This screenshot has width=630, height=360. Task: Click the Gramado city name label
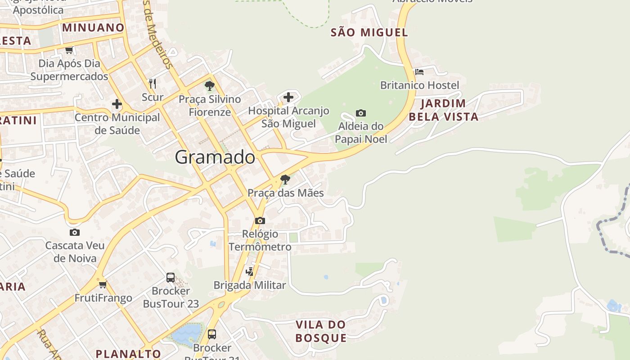(215, 157)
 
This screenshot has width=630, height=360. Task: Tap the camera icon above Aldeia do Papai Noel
(360, 113)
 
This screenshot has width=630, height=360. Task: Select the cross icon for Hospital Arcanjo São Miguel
(288, 97)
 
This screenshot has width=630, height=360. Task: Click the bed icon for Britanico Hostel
(419, 72)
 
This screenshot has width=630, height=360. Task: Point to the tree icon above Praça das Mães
(285, 180)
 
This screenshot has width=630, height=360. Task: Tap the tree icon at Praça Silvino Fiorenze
(209, 85)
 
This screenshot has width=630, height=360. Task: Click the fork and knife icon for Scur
(153, 83)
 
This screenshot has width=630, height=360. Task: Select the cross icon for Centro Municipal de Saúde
(117, 104)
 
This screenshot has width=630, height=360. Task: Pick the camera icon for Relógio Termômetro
(260, 220)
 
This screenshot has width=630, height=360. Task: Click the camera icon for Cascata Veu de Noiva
(75, 232)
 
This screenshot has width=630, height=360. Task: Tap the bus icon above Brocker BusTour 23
(171, 277)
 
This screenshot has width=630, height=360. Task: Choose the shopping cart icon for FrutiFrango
(103, 284)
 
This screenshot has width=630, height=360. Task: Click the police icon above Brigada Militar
(250, 271)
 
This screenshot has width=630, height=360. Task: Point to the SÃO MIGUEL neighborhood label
(369, 32)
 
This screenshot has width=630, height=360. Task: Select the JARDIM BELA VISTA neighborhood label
(443, 110)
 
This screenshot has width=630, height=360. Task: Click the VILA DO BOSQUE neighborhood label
(321, 331)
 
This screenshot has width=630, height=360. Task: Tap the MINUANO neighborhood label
(93, 27)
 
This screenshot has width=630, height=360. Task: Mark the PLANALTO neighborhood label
(128, 354)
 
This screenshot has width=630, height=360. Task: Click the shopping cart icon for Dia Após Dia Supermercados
(69, 50)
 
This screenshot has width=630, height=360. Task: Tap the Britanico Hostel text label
(419, 85)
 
